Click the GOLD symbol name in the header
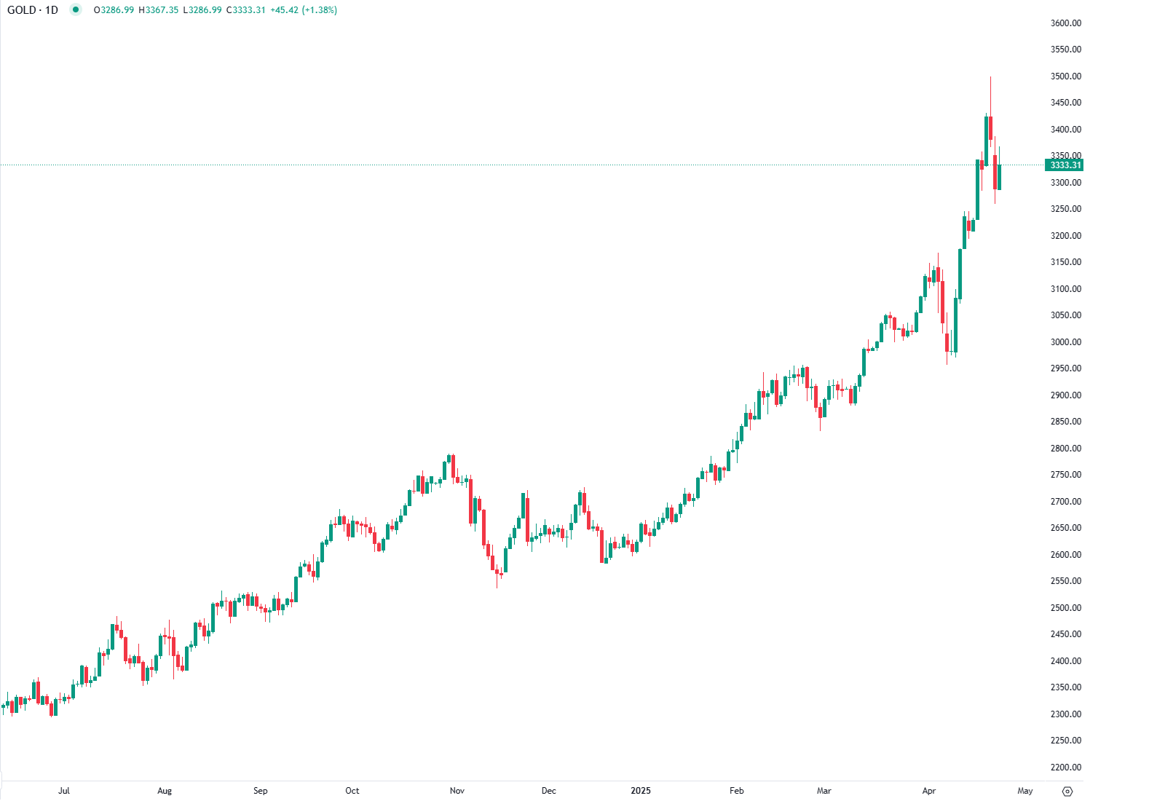tap(21, 10)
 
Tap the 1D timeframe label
tap(52, 10)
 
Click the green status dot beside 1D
tap(76, 10)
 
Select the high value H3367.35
tap(159, 10)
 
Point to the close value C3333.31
tap(246, 10)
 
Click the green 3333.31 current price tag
tap(1065, 165)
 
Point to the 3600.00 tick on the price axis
tap(1065, 23)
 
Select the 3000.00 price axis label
tap(1065, 342)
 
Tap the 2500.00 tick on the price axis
tap(1065, 608)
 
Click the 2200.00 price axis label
tap(1065, 768)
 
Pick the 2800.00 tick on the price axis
tap(1065, 449)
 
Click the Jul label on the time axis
tap(64, 791)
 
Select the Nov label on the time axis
tap(457, 791)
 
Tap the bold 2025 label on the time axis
tap(641, 791)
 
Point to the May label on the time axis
tap(1024, 791)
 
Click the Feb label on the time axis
tap(737, 791)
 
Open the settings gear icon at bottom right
tap(1067, 792)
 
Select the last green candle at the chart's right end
tap(1000, 177)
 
